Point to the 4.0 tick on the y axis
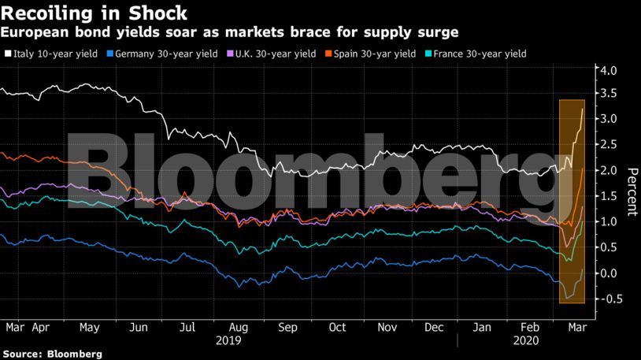click(609, 71)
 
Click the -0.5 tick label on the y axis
click(607, 299)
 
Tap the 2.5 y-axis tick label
click(609, 145)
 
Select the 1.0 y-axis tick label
click(609, 222)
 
